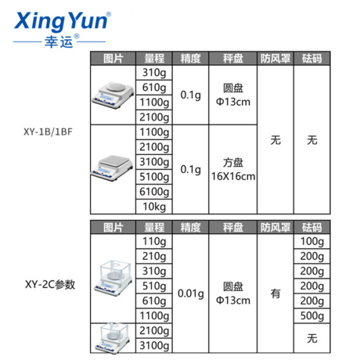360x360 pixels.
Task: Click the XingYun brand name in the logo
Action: click(61, 21)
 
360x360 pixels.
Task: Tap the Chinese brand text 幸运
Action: click(59, 41)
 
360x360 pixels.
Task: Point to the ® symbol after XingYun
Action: click(109, 14)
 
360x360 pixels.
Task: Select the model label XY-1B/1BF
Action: click(48, 131)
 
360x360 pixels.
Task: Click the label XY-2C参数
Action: click(50, 284)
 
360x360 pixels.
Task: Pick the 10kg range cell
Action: click(154, 207)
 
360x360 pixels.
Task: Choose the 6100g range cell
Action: click(154, 192)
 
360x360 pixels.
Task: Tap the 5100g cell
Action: click(154, 177)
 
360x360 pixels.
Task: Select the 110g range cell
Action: click(154, 241)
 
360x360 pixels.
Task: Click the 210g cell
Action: click(154, 256)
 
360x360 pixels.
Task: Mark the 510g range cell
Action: click(154, 286)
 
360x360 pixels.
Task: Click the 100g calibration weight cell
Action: click(312, 241)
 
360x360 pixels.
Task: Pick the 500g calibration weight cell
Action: click(312, 315)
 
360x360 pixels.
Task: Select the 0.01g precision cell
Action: click(191, 293)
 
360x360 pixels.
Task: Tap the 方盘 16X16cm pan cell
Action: click(233, 169)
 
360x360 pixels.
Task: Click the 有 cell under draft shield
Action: click(275, 293)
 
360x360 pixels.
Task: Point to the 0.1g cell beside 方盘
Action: click(191, 169)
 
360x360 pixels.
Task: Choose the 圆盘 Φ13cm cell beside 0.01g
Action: click(233, 293)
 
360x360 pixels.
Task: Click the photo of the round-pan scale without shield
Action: click(113, 95)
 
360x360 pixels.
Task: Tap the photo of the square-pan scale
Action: click(113, 167)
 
